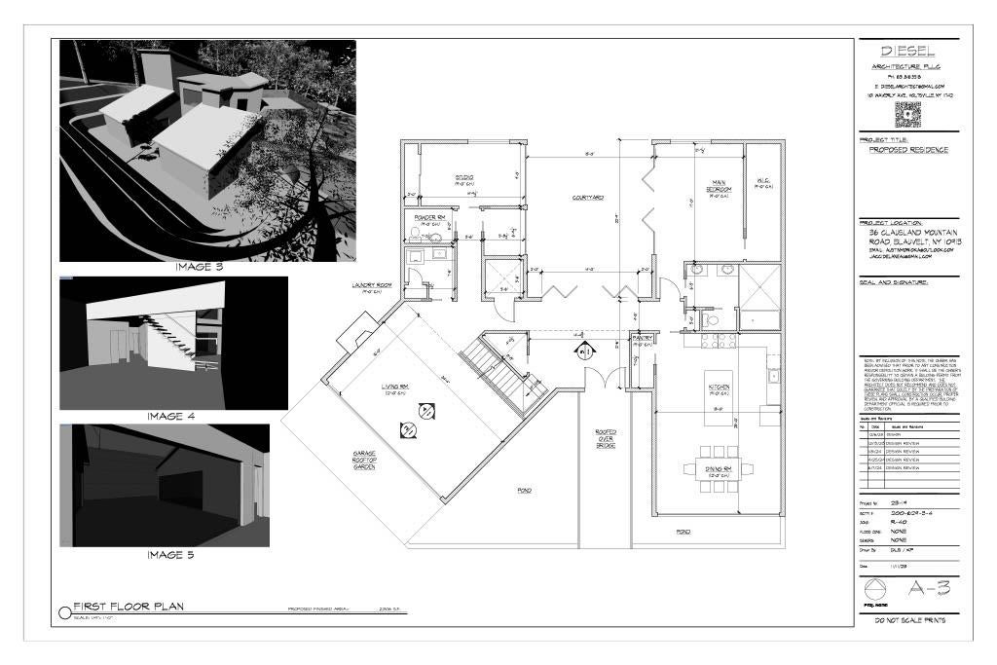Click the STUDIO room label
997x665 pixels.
coord(463,178)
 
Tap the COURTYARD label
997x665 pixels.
coord(588,198)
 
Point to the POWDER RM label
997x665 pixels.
coord(429,218)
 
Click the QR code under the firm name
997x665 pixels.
coord(907,114)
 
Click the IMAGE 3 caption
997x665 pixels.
coord(199,267)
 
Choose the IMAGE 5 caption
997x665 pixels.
coord(170,555)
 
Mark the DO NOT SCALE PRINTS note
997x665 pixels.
coord(908,620)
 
